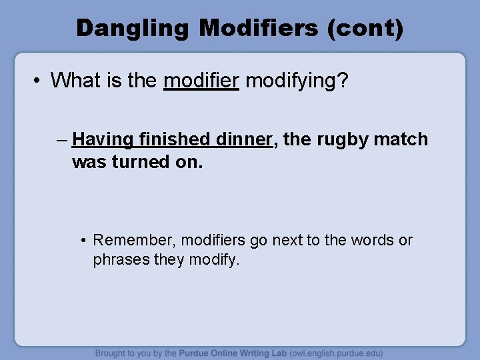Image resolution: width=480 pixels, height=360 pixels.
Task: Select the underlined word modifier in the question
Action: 201,81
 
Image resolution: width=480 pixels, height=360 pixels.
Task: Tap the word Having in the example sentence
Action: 102,139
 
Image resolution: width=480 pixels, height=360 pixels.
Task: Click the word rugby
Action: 341,139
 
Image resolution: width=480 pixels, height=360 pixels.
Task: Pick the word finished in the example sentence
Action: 174,139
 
